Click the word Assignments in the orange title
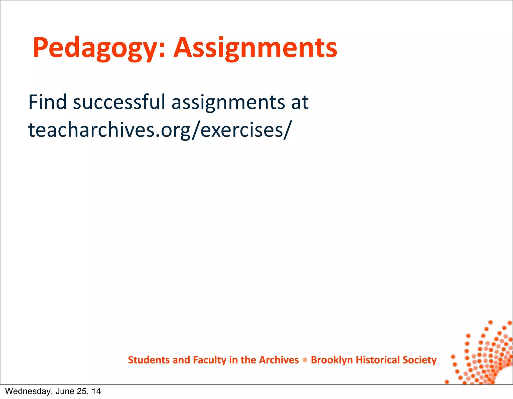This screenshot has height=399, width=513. click(255, 48)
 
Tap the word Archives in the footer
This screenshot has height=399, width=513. click(279, 360)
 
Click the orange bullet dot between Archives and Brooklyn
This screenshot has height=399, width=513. click(305, 360)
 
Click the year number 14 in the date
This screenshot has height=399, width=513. click(96, 391)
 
